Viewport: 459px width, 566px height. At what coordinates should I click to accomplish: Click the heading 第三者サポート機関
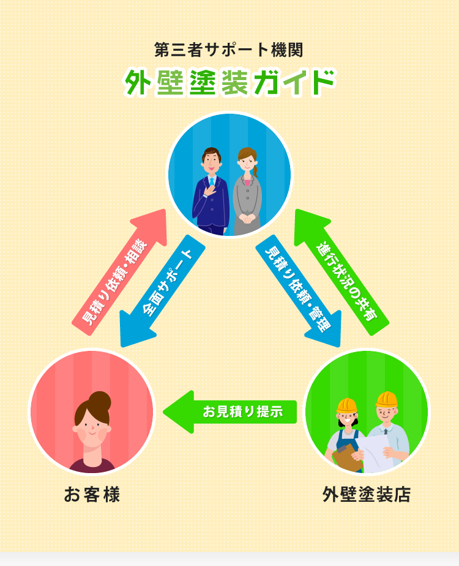point(229,48)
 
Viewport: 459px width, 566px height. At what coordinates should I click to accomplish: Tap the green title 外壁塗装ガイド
point(229,83)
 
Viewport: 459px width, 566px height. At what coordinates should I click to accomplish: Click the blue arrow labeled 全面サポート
point(162,287)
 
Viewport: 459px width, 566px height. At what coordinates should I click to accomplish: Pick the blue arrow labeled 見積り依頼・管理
point(298,287)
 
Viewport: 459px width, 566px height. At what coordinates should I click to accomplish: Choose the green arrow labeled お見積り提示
point(233,411)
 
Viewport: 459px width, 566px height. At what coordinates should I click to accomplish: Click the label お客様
point(92,494)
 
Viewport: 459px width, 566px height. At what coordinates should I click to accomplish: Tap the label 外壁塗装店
point(367,494)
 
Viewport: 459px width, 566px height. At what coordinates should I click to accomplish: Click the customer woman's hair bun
point(100,401)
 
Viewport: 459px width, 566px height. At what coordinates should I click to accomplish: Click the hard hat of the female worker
point(347,405)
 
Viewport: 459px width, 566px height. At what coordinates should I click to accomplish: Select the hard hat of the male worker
point(387,400)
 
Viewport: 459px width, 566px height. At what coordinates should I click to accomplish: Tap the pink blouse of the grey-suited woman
point(247,181)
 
